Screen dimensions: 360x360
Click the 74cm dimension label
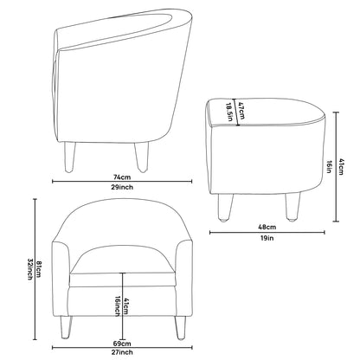(x=122, y=177)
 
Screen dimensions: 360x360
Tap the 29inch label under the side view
(x=122, y=187)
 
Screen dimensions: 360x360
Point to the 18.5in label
(x=230, y=112)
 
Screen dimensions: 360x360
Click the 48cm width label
(x=267, y=227)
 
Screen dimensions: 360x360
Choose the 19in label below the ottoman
(x=267, y=238)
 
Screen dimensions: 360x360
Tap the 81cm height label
(x=39, y=269)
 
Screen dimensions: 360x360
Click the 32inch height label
(x=29, y=269)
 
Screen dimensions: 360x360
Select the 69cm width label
(x=122, y=344)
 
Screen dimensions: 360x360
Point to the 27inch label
(x=122, y=352)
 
